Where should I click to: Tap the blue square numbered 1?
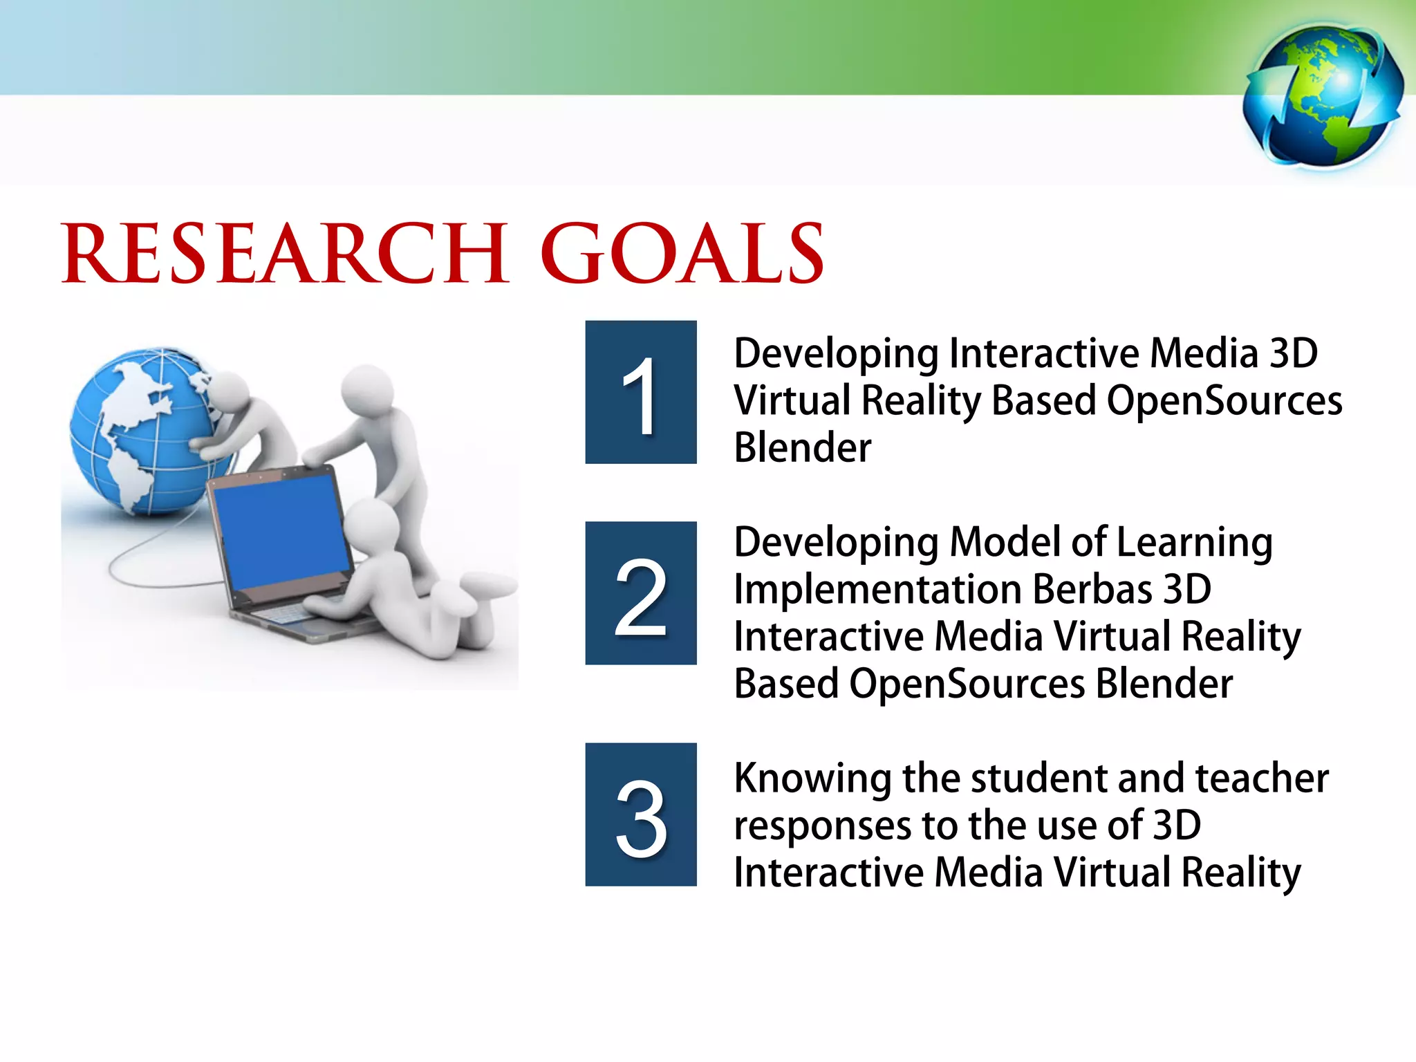[x=640, y=392]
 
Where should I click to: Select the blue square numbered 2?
[x=640, y=593]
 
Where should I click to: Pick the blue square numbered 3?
[x=640, y=814]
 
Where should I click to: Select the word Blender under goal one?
[x=802, y=447]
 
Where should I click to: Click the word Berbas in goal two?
[x=1092, y=589]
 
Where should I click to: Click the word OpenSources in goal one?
[x=1224, y=401]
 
